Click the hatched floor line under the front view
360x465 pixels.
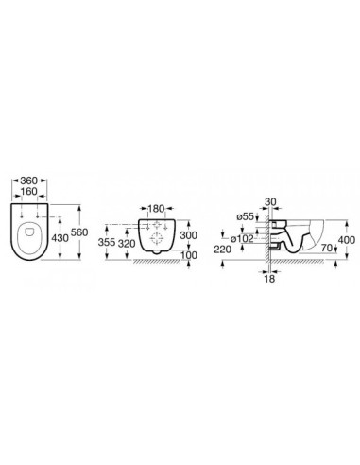[x=156, y=258]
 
